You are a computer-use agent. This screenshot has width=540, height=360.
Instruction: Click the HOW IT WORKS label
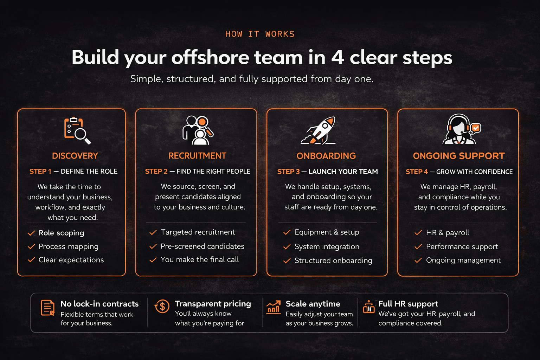click(x=260, y=34)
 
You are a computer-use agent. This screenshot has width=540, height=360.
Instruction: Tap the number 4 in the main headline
click(x=337, y=57)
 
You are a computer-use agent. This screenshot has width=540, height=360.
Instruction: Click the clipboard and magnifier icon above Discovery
click(x=77, y=130)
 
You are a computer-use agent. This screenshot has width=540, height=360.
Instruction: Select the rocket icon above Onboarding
click(x=318, y=130)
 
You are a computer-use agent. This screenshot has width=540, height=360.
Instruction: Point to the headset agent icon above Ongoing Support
click(x=462, y=129)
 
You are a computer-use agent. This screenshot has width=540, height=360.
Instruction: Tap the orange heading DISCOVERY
click(x=75, y=156)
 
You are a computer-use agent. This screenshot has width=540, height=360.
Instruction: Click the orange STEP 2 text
click(x=156, y=172)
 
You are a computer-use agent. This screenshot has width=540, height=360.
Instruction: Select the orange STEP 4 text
click(x=417, y=172)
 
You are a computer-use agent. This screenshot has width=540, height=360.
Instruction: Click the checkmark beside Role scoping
click(x=31, y=233)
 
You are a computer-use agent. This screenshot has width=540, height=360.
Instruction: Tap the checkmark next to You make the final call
click(x=153, y=260)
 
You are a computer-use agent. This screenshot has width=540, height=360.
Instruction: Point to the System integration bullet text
click(x=327, y=247)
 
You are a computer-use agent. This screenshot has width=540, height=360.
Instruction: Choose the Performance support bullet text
click(x=462, y=247)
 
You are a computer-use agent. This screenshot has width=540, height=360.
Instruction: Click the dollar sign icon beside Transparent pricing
click(x=162, y=307)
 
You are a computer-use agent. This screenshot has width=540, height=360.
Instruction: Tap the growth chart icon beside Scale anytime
click(x=274, y=307)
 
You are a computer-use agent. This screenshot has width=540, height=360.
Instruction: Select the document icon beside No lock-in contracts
click(x=47, y=308)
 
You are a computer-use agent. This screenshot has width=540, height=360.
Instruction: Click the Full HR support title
click(x=408, y=304)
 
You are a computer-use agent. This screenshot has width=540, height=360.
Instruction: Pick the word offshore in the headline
click(x=210, y=57)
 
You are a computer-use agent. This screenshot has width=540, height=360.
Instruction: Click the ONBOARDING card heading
click(x=326, y=156)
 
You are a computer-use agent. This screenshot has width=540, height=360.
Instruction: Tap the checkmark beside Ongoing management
click(x=418, y=261)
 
